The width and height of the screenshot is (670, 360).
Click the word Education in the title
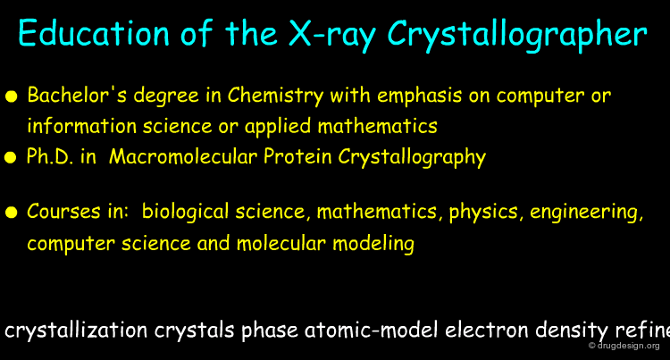coord(94,33)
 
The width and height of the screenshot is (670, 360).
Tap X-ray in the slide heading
coord(332,34)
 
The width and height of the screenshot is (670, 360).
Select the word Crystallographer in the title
coord(517,35)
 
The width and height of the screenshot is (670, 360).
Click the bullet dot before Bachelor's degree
coord(11,96)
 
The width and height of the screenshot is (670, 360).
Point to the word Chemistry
coord(275,96)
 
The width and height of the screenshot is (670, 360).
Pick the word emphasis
coord(419,96)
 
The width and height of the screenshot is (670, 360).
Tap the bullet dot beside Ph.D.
coord(10,158)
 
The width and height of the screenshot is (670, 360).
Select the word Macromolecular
coord(183,156)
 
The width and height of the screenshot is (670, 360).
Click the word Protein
coord(297,156)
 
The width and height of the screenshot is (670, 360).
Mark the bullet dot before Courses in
coord(11,213)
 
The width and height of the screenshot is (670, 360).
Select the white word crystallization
coord(76,331)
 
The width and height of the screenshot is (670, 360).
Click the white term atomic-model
coord(371,331)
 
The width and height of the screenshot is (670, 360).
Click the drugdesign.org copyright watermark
coord(624,346)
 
